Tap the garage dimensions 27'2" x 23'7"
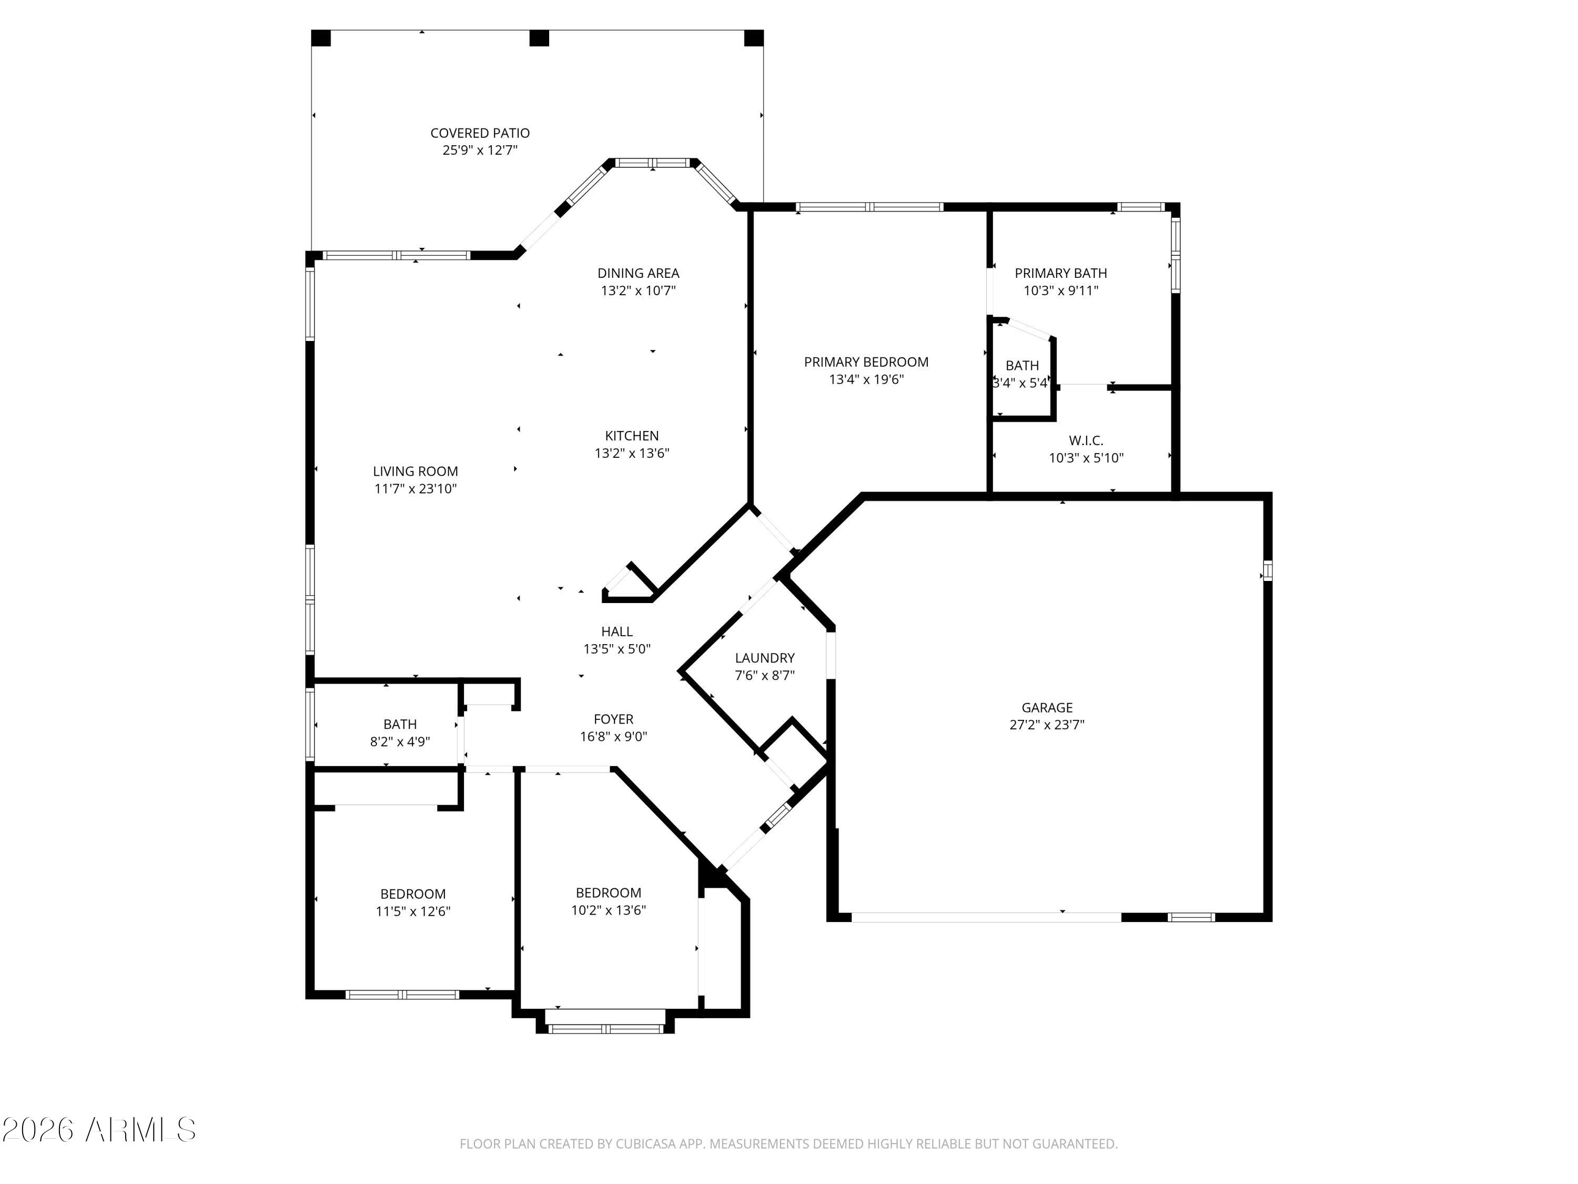[1047, 725]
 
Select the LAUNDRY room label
[764, 657]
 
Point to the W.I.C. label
[1086, 440]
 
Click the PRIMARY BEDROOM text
[866, 362]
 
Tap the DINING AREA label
[638, 273]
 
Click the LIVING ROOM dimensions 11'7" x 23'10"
[415, 488]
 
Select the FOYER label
[613, 719]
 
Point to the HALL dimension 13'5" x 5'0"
[616, 649]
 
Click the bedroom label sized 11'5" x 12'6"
[412, 894]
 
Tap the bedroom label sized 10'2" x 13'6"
[608, 892]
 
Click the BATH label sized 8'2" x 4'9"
[399, 724]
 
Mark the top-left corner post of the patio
[321, 38]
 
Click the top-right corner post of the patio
[753, 38]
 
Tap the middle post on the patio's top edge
[539, 38]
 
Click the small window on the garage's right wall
[1267, 570]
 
